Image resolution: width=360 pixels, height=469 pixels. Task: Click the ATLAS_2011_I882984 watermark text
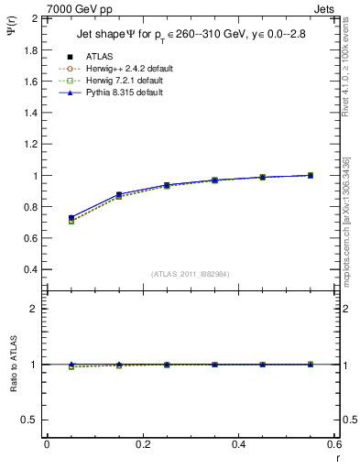click(189, 274)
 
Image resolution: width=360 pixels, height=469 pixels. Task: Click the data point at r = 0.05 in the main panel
click(71, 219)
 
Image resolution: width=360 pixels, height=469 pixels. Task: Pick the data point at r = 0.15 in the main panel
click(119, 195)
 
